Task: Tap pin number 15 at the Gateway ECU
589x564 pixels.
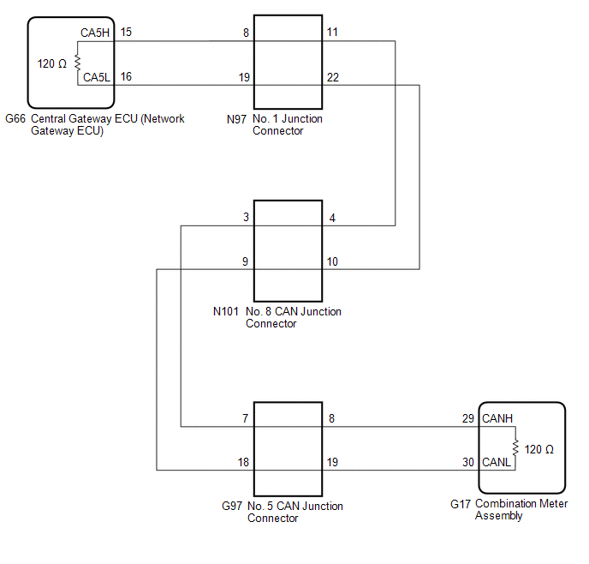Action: point(126,33)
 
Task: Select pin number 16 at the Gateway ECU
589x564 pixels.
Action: point(126,77)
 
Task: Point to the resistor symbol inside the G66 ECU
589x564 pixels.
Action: point(77,63)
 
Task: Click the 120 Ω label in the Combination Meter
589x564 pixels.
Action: point(539,449)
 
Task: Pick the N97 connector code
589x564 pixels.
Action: point(237,119)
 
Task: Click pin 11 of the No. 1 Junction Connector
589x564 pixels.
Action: point(332,33)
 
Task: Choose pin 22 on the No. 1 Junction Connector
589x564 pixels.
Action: point(332,77)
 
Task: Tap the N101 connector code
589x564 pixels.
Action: point(228,312)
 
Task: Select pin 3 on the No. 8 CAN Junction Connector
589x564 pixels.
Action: point(246,219)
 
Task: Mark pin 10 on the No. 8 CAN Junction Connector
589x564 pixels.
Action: point(332,261)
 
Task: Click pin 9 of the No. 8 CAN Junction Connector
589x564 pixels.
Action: point(246,261)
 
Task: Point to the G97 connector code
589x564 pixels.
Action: point(232,507)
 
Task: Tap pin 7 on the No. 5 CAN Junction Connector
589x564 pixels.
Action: point(246,418)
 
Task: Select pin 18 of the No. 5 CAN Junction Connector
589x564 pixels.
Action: point(244,462)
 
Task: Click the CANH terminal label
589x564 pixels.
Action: point(497,418)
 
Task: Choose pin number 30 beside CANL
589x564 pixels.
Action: point(468,462)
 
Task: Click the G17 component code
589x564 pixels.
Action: point(461,505)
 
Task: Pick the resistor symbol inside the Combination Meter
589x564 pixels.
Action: point(515,448)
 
